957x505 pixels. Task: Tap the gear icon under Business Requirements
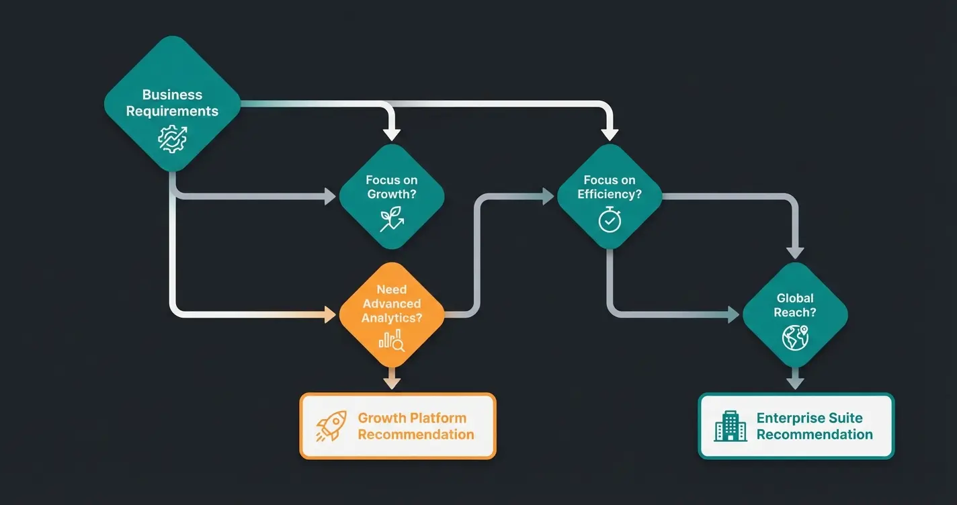pos(172,138)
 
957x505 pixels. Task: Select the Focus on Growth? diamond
pos(392,196)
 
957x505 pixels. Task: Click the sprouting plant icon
pos(392,219)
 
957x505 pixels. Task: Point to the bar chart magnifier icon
pos(392,341)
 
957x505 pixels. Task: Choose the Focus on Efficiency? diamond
pos(610,196)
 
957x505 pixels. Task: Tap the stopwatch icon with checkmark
pos(610,220)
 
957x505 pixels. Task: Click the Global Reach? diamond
pos(795,314)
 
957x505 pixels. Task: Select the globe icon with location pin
pos(795,337)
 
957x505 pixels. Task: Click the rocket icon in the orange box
pos(331,426)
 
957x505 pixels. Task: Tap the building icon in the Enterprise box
pos(731,426)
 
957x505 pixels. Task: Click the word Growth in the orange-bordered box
pos(380,418)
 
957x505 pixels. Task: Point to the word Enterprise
pos(790,418)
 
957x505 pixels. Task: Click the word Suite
pos(845,418)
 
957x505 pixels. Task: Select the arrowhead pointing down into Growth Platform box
pos(392,383)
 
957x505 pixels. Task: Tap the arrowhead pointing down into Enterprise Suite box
pos(795,383)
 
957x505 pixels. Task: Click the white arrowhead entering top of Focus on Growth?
pos(392,132)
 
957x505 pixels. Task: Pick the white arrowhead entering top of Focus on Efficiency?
pos(610,132)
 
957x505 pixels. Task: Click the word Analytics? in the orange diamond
pos(392,318)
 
